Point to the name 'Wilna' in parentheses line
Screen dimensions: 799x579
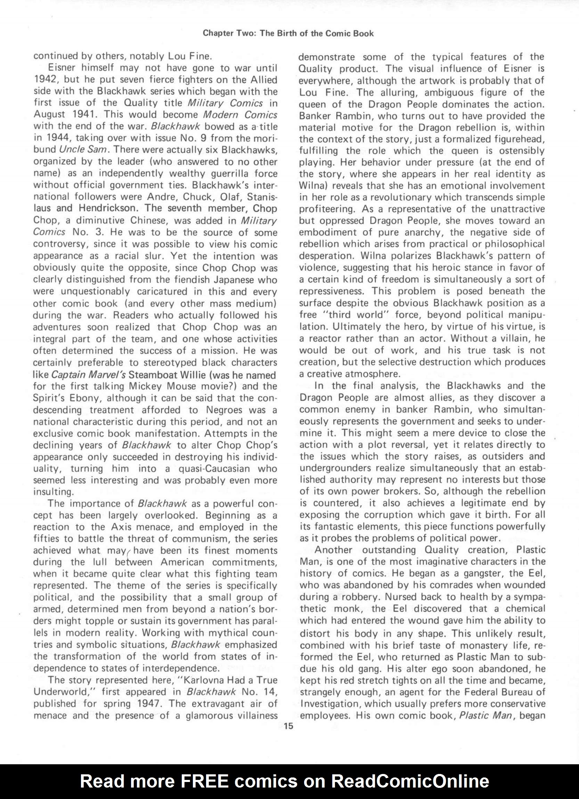[309, 185]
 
